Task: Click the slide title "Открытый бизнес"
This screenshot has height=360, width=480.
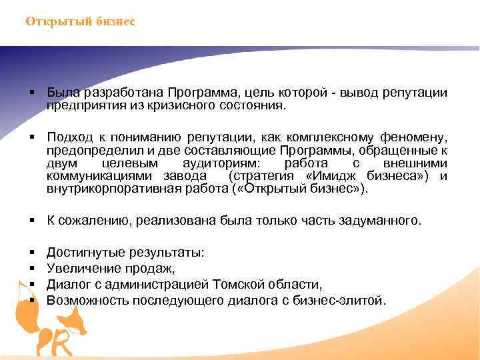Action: tap(80, 22)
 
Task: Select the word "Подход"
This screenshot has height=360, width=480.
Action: tap(68, 137)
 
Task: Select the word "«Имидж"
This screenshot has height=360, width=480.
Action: tap(331, 176)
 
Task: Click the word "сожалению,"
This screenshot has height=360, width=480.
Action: tap(93, 221)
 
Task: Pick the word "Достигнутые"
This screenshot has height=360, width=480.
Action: tap(83, 253)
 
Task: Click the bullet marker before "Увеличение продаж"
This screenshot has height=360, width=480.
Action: tap(31, 269)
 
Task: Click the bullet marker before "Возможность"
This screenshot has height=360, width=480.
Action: tap(31, 301)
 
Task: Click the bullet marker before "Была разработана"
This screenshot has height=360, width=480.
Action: tap(31, 91)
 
